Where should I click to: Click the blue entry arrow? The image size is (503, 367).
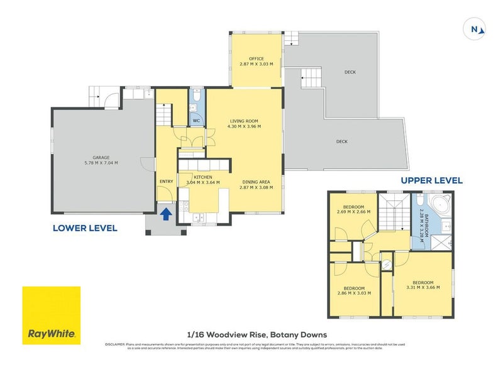[166, 214]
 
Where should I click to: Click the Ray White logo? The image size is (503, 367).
[52, 315]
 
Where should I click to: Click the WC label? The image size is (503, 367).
[196, 119]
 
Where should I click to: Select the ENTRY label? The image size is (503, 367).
[166, 182]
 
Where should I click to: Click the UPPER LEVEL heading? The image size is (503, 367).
[432, 180]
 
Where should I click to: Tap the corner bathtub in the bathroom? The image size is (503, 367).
[440, 205]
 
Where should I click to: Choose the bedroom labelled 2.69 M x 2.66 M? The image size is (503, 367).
[352, 209]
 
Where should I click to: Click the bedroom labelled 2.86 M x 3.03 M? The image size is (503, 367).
[353, 290]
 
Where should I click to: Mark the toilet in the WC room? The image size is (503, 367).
[197, 97]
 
